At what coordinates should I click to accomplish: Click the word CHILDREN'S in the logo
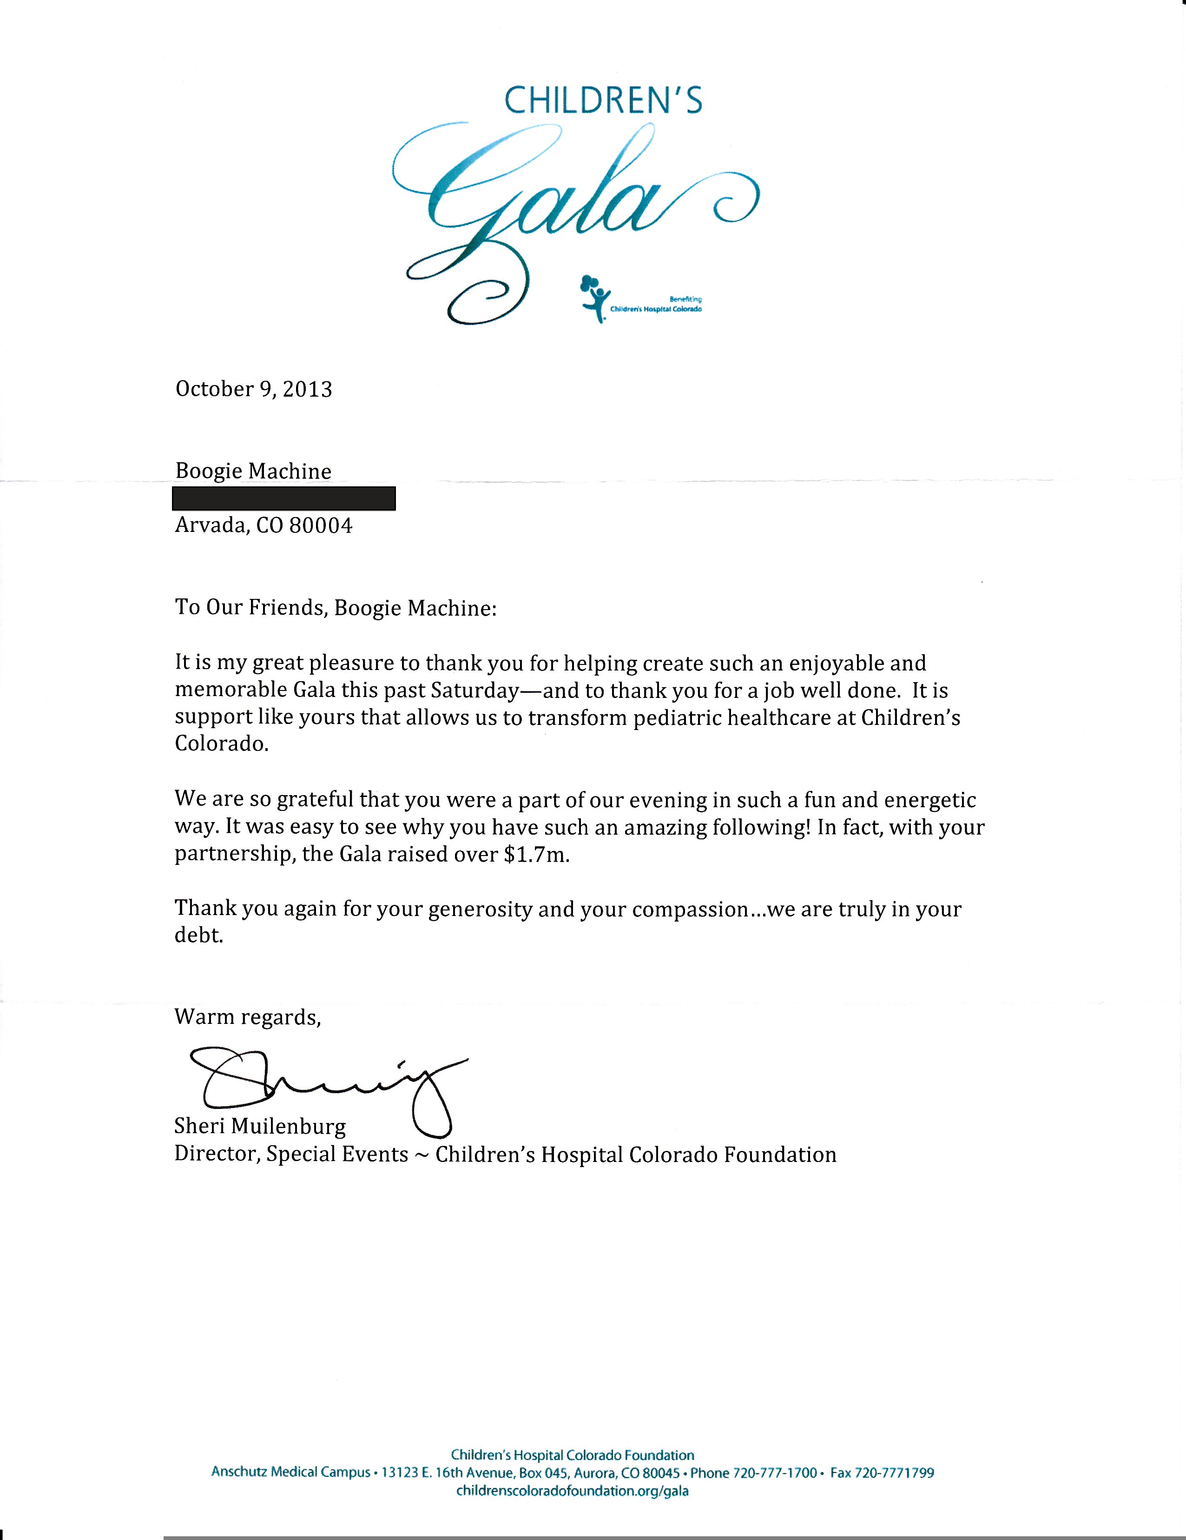603,101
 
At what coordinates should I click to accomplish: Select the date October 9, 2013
254,389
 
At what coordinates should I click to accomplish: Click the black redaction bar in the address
283,498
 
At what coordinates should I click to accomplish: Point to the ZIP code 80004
321,525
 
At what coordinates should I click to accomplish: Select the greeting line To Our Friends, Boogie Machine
336,608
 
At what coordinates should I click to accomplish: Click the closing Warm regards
247,1017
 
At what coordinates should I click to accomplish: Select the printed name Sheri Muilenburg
260,1127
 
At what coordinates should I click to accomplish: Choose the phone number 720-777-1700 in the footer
774,1472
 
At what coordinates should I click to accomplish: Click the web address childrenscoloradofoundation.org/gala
572,1491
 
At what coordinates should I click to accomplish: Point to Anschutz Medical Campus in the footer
290,1472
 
